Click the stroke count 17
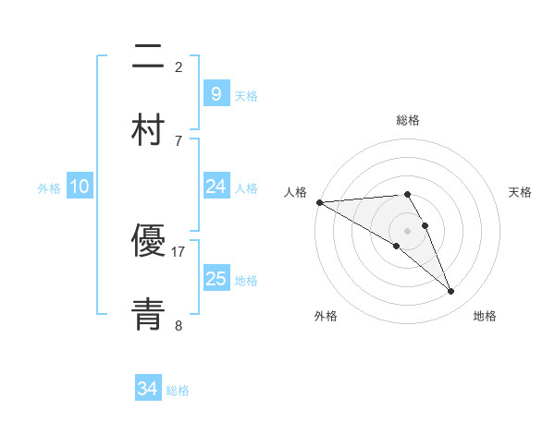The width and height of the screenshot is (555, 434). pyautogui.click(x=179, y=250)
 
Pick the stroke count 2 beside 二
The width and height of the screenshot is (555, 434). pyautogui.click(x=179, y=66)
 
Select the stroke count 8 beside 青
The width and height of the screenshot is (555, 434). pyautogui.click(x=179, y=324)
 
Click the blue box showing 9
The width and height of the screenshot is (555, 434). pyautogui.click(x=216, y=94)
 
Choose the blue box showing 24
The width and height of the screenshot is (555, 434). pyautogui.click(x=216, y=187)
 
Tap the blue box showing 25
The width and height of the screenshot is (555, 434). pyautogui.click(x=216, y=279)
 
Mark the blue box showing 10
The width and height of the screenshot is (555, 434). pyautogui.click(x=80, y=187)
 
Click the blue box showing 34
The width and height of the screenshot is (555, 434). pyautogui.click(x=148, y=390)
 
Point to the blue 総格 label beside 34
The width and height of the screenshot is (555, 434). pyautogui.click(x=178, y=391)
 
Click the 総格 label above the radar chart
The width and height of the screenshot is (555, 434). pyautogui.click(x=408, y=120)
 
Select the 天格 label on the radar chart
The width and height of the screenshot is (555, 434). pyautogui.click(x=521, y=192)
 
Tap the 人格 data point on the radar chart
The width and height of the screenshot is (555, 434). pyautogui.click(x=319, y=202)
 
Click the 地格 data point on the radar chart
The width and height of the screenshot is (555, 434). pyautogui.click(x=450, y=292)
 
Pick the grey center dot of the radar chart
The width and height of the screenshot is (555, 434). pyautogui.click(x=408, y=230)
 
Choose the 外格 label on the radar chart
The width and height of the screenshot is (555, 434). pyautogui.click(x=326, y=316)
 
